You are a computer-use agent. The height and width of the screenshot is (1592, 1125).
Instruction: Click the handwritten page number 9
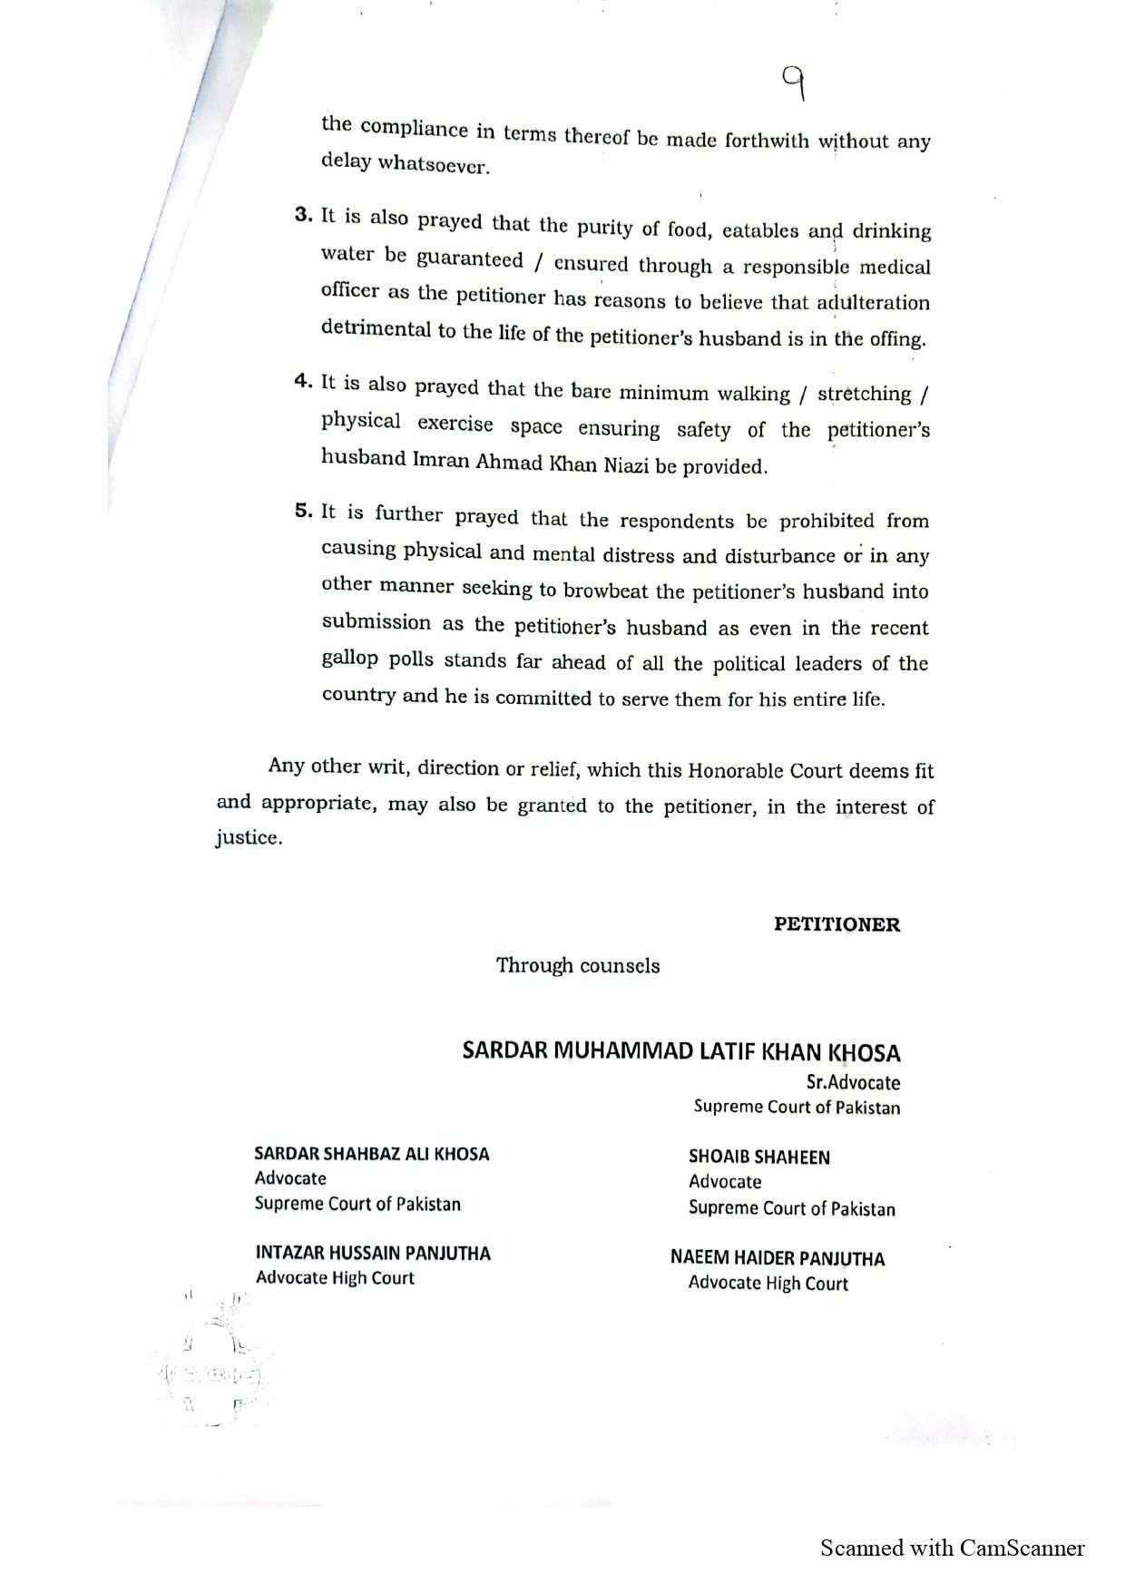(x=795, y=86)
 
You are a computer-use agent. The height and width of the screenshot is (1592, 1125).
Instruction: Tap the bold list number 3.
(x=303, y=215)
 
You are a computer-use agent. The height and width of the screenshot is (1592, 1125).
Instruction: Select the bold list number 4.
(x=303, y=381)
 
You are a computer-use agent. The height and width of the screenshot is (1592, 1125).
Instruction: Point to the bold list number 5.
(x=303, y=510)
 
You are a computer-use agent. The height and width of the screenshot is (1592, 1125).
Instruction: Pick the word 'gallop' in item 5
(x=349, y=659)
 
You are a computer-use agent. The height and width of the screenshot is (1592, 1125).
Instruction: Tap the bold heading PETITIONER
(x=836, y=925)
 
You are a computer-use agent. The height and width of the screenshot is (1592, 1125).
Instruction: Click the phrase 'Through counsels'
(x=578, y=965)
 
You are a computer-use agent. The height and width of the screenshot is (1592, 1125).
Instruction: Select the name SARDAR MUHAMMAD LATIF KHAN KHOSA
(x=681, y=1051)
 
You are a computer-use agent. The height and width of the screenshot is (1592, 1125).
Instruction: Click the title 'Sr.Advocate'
(x=853, y=1082)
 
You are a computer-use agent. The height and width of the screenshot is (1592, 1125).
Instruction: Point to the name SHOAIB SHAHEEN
(x=759, y=1157)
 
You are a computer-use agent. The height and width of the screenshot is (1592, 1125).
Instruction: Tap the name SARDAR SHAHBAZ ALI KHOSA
(x=372, y=1154)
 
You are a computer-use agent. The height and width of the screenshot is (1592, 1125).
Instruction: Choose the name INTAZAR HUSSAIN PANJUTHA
(x=373, y=1253)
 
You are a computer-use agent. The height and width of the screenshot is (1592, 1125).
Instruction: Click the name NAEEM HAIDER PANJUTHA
(x=778, y=1258)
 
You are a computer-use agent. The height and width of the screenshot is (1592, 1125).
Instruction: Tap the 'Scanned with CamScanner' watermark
(x=952, y=1548)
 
